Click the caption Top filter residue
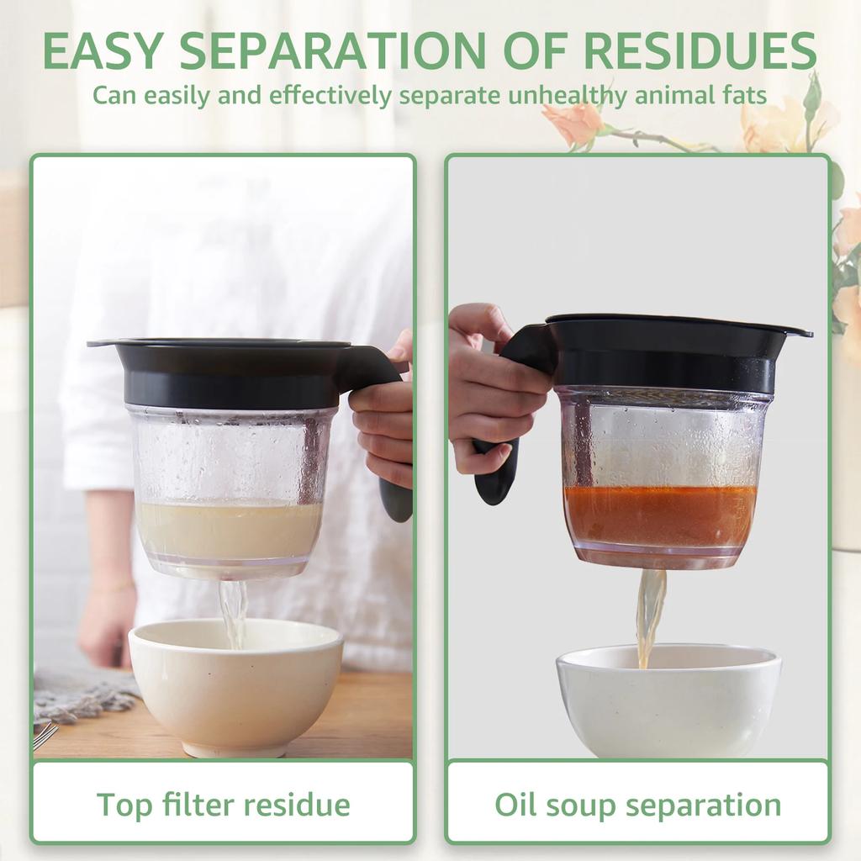[223, 804]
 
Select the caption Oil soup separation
[637, 804]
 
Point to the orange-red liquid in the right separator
[660, 515]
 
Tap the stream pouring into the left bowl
[233, 610]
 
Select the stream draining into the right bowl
[649, 614]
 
